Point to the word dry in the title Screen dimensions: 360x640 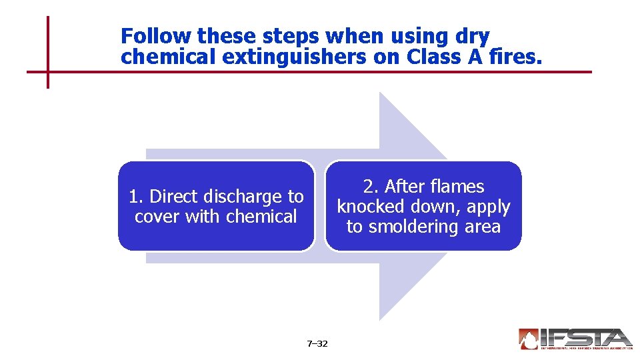coord(473,36)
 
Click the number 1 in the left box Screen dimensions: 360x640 coord(134,197)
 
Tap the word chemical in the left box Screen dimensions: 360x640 coord(261,217)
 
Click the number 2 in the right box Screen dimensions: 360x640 coord(368,187)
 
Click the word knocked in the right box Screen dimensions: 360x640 coord(371,207)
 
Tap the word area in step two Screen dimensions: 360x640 coord(483,227)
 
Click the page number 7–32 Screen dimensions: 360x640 coord(317,344)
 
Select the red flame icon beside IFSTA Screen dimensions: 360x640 coord(528,339)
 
